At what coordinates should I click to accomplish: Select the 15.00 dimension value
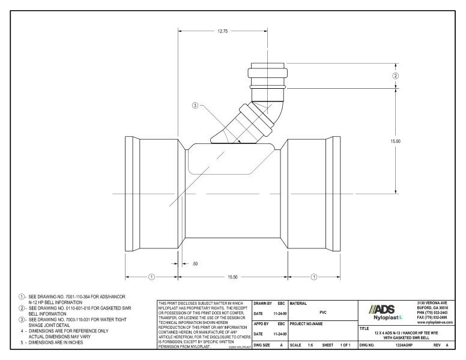[x=395, y=141]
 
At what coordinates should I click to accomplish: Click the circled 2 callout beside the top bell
[x=395, y=76]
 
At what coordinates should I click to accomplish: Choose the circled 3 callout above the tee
[x=195, y=106]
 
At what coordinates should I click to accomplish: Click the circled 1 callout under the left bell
[x=152, y=277]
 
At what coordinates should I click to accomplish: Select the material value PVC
[x=323, y=312]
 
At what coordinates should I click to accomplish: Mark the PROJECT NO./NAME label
[x=307, y=323]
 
